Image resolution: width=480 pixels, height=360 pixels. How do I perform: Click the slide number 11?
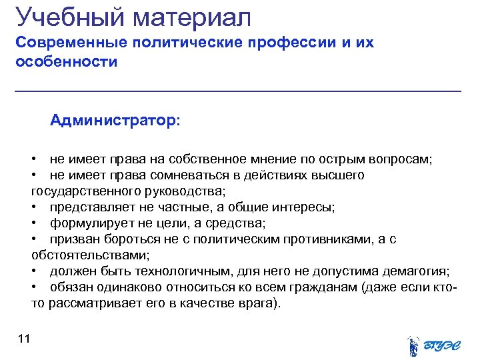(25, 339)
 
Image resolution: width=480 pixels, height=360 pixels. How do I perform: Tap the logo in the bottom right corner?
(433, 343)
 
